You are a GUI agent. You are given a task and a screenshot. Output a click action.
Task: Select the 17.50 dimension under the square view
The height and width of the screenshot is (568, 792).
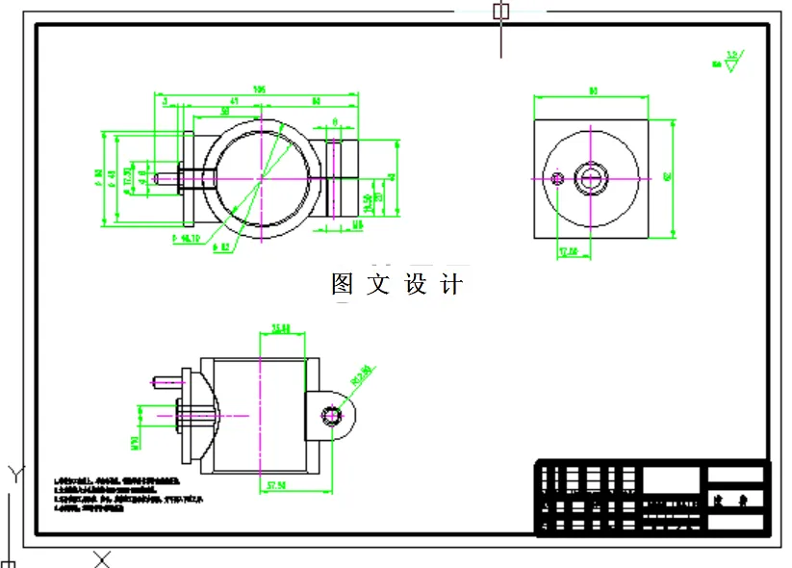(x=568, y=252)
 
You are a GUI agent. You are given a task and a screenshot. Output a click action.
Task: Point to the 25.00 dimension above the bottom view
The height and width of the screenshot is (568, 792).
(x=282, y=328)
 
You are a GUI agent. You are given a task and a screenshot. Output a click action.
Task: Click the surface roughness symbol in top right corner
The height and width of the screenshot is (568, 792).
(x=732, y=62)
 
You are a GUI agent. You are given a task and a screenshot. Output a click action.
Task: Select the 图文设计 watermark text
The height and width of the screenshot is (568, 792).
(x=396, y=284)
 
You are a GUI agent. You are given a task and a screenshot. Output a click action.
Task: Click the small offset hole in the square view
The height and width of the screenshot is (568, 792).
(x=557, y=178)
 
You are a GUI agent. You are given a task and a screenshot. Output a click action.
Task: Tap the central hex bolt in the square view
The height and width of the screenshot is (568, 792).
(x=589, y=178)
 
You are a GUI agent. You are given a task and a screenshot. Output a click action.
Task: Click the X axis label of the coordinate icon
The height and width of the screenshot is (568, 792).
(x=102, y=558)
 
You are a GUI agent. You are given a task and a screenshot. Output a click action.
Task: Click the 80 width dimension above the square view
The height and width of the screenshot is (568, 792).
(x=593, y=91)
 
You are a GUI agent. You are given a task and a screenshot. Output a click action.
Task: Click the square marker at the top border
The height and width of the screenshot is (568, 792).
(x=500, y=12)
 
